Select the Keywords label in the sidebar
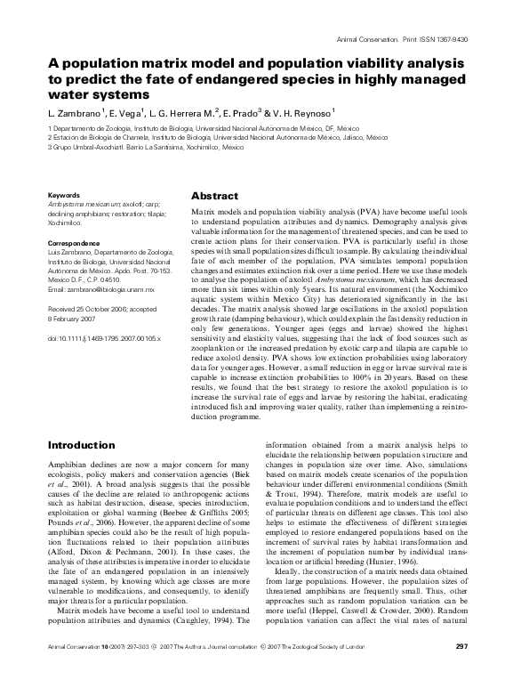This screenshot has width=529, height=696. (x=65, y=194)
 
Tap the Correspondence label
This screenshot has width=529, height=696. (x=75, y=242)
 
